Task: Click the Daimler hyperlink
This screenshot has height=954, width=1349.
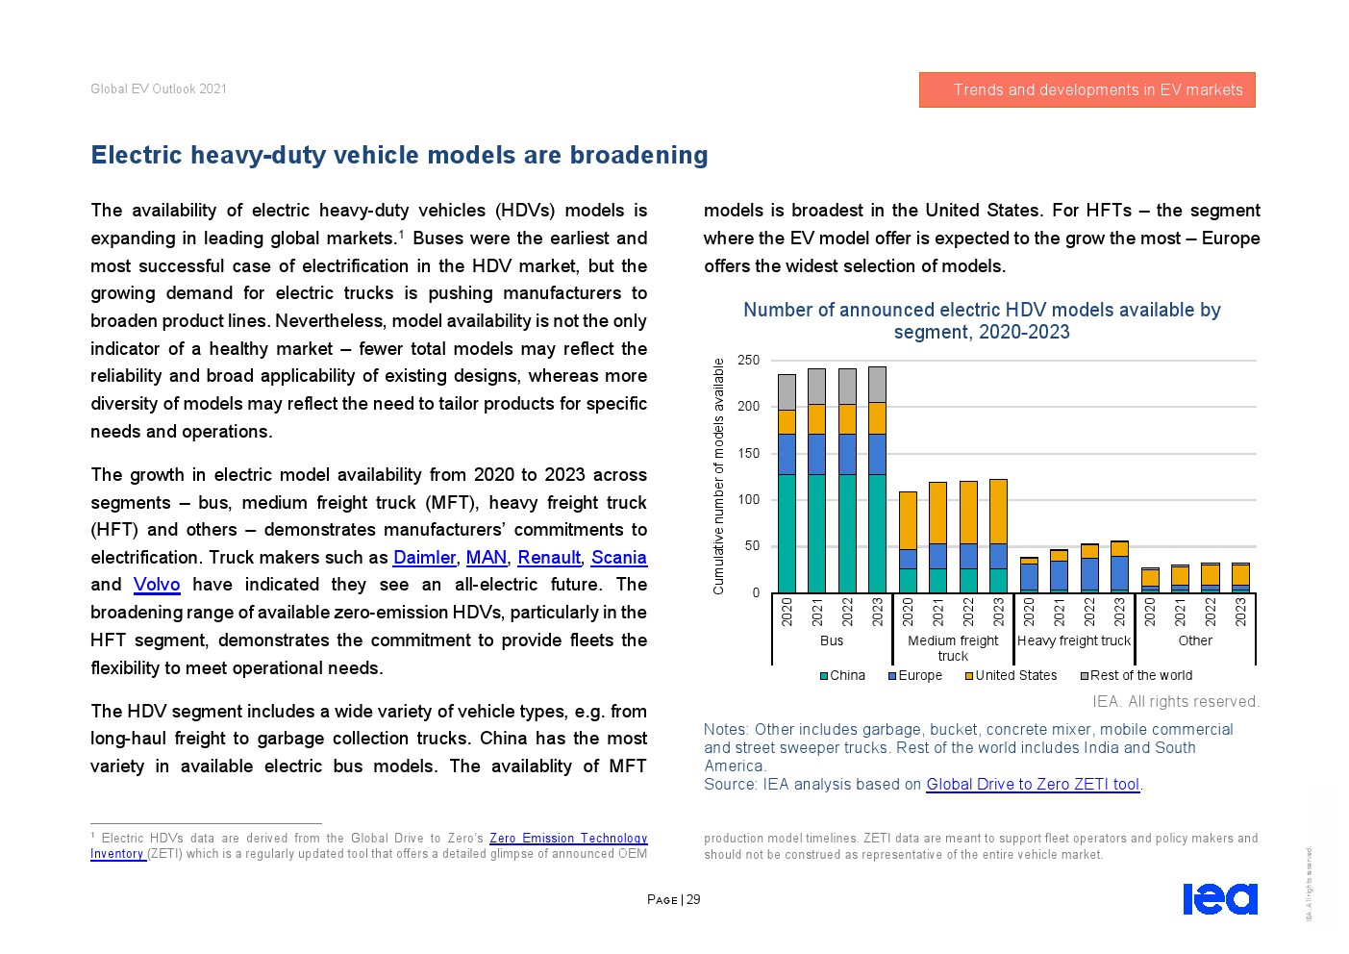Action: coord(424,558)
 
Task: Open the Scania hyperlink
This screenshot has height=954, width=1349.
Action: coord(618,558)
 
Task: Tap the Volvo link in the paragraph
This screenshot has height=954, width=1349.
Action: coord(157,585)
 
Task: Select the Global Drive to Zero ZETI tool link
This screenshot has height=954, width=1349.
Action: coord(1033,785)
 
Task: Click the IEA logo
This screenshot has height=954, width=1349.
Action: coord(1219,899)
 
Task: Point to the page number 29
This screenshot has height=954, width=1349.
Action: coord(693,900)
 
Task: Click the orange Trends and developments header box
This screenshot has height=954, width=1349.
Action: coord(1087,90)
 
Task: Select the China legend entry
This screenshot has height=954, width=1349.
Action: coord(842,675)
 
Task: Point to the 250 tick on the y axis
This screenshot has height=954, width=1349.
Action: coord(748,361)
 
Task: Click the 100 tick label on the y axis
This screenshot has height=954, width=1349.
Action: coord(748,500)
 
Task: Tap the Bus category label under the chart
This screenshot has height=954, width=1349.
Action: coord(832,640)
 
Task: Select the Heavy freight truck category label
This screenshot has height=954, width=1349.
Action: coord(1074,640)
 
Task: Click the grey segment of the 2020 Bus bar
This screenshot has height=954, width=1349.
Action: coord(787,392)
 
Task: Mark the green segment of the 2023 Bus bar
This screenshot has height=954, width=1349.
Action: coord(877,534)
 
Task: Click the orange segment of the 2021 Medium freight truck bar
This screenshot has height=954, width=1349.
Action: coord(937,513)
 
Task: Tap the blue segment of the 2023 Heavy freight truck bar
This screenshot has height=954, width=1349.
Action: coord(1119,572)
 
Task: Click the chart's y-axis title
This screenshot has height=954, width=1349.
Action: coord(718,476)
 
